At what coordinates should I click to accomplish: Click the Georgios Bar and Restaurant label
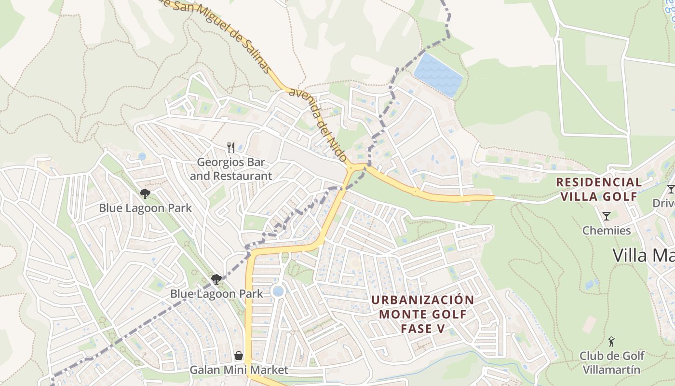[x=230, y=169]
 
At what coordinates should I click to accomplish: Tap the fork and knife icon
[x=231, y=147]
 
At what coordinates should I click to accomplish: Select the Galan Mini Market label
[x=239, y=370]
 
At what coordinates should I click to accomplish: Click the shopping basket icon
[x=238, y=356]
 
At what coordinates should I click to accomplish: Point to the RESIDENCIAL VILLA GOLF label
[x=599, y=189]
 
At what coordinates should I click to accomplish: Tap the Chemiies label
[x=607, y=230]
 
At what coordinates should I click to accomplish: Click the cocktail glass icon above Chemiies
[x=607, y=216]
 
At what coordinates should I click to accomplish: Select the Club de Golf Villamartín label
[x=612, y=363]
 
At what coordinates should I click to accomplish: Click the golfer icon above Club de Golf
[x=611, y=342]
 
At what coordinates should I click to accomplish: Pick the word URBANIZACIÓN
[x=423, y=300]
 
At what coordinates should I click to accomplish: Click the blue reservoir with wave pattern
[x=438, y=75]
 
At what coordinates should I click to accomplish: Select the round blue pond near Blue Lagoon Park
[x=278, y=291]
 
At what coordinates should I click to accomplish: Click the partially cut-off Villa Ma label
[x=643, y=255]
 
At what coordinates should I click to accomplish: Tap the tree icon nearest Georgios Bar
[x=145, y=194]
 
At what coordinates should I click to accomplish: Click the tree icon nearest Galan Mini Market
[x=216, y=279]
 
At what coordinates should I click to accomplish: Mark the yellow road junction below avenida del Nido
[x=356, y=167]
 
